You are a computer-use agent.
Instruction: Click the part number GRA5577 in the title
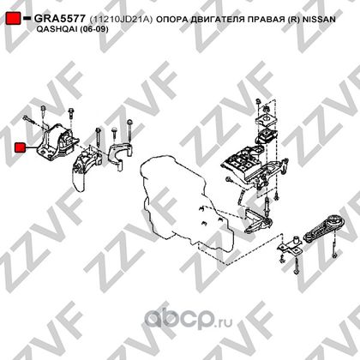click(59, 19)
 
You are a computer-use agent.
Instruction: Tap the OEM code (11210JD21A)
click(121, 20)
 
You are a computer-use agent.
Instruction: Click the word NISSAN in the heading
click(319, 20)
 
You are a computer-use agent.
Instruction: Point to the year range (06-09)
click(93, 29)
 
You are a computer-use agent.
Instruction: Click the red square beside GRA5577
click(13, 18)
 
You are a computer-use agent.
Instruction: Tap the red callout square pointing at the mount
click(20, 147)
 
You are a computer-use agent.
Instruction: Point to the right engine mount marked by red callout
click(58, 142)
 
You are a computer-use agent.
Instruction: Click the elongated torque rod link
click(322, 230)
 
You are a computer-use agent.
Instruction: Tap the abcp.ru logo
click(189, 319)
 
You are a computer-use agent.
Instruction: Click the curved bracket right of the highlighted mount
click(121, 156)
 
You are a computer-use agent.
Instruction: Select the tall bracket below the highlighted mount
click(86, 169)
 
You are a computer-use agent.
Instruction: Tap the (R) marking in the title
click(293, 20)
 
